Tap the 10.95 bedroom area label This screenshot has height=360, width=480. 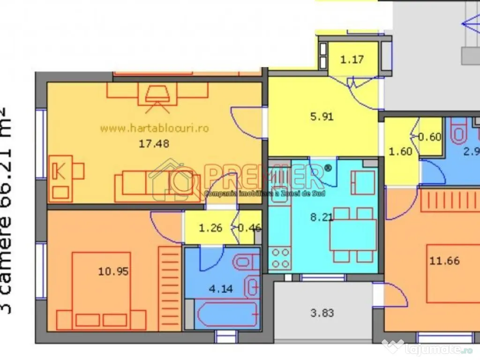(x=113, y=271)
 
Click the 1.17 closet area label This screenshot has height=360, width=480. (x=352, y=60)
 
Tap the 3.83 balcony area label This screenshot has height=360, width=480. (x=322, y=313)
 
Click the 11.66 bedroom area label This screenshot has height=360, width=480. (x=444, y=261)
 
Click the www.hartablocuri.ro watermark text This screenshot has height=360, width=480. (x=155, y=128)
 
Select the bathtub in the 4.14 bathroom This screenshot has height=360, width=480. (x=226, y=315)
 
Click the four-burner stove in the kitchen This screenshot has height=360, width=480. (x=280, y=258)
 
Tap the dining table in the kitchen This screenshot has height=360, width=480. (x=353, y=235)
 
